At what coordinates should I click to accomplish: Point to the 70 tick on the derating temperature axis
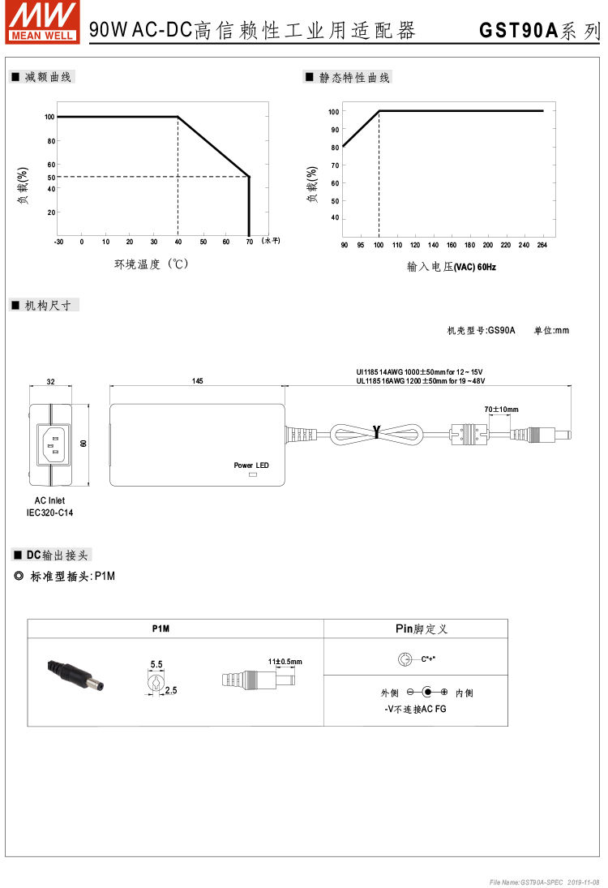coord(249,242)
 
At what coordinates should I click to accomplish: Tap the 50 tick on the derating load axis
coord(50,177)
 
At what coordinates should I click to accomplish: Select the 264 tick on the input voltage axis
coord(542,245)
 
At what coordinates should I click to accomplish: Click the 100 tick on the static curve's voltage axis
coord(379,245)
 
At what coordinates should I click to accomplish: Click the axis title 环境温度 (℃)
coord(151,264)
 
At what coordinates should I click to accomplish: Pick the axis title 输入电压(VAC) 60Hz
coord(451,266)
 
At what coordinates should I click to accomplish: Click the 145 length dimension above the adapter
coord(198,381)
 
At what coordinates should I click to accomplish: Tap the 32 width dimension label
coord(50,381)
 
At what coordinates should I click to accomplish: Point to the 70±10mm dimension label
coord(501,410)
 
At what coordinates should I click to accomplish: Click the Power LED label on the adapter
coord(251,465)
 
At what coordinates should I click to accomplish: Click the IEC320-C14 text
coord(50,513)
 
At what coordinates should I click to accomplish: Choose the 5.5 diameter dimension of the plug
coord(156,664)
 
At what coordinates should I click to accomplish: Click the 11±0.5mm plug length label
coord(284,662)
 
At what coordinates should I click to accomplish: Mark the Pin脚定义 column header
coord(416,628)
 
